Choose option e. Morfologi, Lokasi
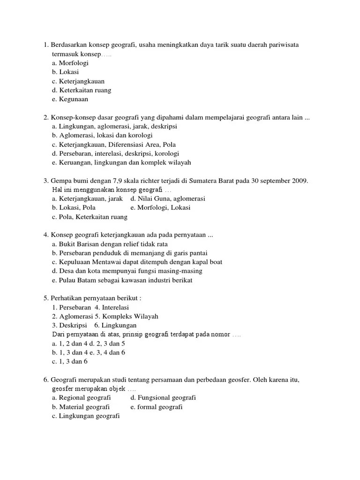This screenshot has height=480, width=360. [x=160, y=208]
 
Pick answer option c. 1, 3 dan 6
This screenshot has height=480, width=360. [x=70, y=361]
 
